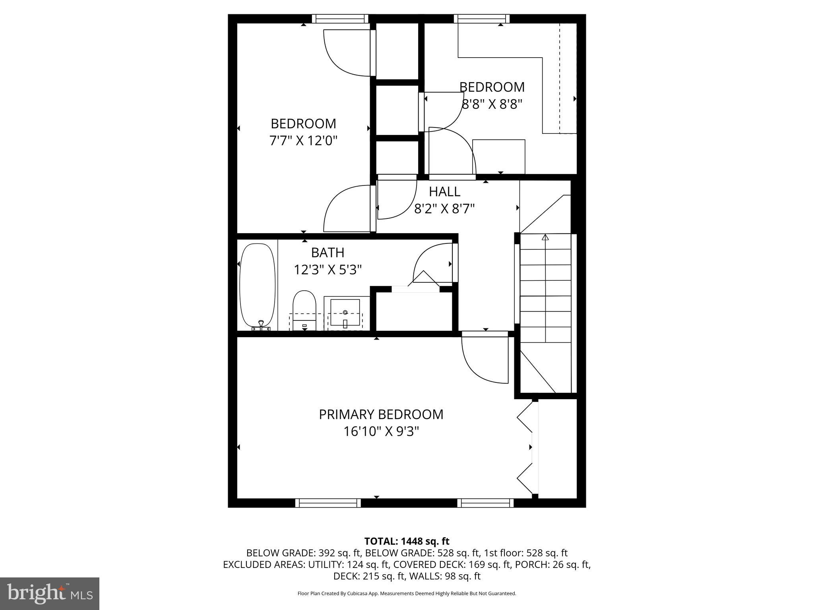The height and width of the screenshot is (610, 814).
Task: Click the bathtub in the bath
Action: click(258, 285)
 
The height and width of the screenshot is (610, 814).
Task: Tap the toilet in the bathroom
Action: click(304, 310)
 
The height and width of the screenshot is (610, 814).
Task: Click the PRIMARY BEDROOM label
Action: click(381, 414)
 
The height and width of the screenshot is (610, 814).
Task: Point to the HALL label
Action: click(444, 192)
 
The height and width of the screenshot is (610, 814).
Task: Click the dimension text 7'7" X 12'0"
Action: click(303, 141)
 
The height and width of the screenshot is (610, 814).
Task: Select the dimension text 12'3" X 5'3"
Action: click(328, 270)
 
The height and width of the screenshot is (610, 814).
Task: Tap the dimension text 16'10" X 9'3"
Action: click(381, 432)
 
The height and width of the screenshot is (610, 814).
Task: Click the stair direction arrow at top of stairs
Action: click(545, 237)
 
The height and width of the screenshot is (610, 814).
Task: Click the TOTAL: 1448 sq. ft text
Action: click(407, 541)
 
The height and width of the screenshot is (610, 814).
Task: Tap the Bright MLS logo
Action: click(50, 593)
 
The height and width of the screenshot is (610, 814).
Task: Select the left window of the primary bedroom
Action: click(328, 503)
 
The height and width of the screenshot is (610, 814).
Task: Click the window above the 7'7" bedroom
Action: click(340, 19)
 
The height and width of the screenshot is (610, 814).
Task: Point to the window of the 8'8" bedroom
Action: click(481, 19)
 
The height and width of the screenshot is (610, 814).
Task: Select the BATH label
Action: click(328, 253)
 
